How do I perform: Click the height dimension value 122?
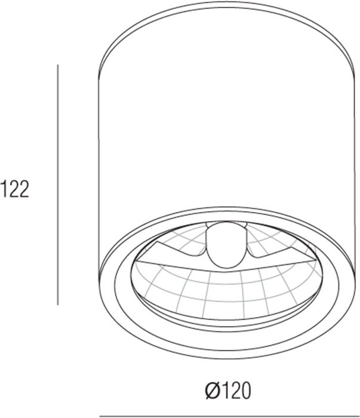tap(14, 189)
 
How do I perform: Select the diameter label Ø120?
tap(228, 391)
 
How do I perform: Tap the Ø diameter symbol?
tap(212, 391)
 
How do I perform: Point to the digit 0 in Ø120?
tap(245, 391)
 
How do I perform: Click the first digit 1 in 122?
tap(3, 189)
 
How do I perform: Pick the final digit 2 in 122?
tap(24, 189)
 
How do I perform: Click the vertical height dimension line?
tap(58, 185)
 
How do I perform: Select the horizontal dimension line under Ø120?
tap(229, 416)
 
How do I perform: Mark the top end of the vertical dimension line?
tap(58, 64)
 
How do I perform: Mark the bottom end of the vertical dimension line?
tap(58, 305)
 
